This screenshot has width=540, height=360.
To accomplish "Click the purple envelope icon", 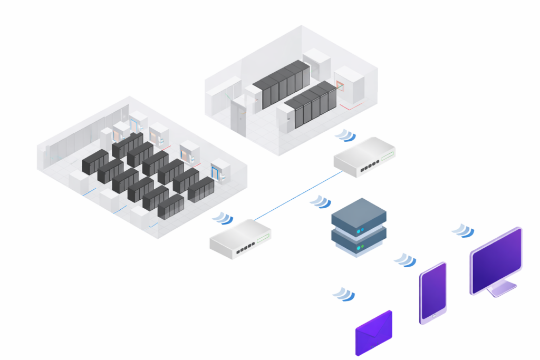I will [374, 333].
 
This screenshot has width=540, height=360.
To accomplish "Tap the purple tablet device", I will [433, 293].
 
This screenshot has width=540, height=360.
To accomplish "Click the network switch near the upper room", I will [364, 157].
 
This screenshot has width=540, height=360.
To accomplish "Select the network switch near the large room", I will [240, 239].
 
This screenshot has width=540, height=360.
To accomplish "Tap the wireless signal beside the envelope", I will [343, 294].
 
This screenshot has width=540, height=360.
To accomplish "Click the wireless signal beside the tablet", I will [406, 260].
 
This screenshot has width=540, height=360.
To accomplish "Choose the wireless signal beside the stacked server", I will [321, 202].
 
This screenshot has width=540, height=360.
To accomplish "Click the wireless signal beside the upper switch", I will [345, 135].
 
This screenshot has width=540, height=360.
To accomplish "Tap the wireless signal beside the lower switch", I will [223, 218].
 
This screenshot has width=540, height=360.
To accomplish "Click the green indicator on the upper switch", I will [388, 157].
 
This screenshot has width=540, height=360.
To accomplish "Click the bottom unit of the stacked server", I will [359, 241].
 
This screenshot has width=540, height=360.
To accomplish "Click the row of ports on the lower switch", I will [245, 248].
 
